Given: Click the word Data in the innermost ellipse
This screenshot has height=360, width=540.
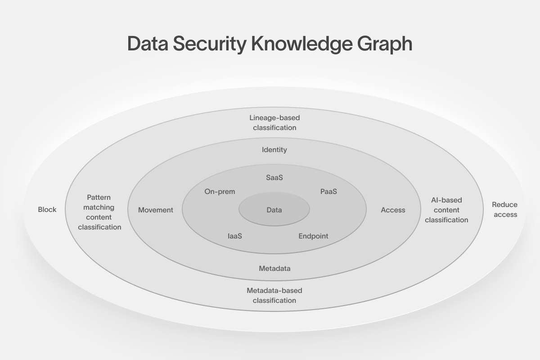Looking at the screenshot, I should click(274, 210).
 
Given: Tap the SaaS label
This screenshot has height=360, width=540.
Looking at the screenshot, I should click(274, 178).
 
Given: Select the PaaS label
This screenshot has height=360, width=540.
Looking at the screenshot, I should click(328, 192).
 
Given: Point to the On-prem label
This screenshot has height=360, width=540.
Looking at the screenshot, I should click(220, 192).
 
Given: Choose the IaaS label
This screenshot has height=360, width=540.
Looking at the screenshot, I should click(235, 236).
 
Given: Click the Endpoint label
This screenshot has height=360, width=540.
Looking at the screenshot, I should click(313, 236).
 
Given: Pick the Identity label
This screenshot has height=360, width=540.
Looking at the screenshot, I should click(274, 150).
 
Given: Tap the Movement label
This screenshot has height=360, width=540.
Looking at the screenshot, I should click(156, 210).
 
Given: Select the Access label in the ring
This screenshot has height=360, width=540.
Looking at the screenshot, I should click(393, 210).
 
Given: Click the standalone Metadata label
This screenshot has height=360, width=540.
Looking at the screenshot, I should click(274, 269).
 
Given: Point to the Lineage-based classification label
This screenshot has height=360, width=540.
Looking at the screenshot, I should click(274, 123).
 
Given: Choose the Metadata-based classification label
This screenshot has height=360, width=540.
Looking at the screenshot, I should click(274, 296).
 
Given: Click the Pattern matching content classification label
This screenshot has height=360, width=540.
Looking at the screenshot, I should click(99, 212).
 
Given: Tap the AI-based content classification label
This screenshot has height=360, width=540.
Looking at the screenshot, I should click(446, 210).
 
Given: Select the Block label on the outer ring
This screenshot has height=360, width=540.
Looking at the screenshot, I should click(47, 210).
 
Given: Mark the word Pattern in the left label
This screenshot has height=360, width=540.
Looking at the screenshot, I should click(99, 198).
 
